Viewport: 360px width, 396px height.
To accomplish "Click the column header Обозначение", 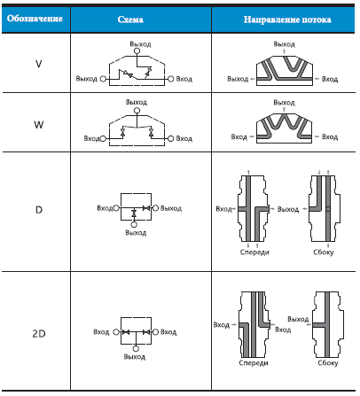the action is pyautogui.click(x=35, y=19).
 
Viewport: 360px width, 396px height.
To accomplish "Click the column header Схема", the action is pyautogui.click(x=130, y=19).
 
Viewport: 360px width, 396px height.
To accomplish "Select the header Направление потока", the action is pyautogui.click(x=287, y=19).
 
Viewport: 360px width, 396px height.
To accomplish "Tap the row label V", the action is pyautogui.click(x=39, y=64).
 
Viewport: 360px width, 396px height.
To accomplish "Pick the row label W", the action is pyautogui.click(x=39, y=125).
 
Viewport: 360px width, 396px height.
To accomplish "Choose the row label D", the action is pyautogui.click(x=39, y=210).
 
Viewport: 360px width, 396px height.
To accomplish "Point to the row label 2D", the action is pyautogui.click(x=39, y=334).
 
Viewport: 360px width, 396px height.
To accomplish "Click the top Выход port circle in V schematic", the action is pyautogui.click(x=137, y=51).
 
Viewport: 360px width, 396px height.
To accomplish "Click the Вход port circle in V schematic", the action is pyautogui.click(x=171, y=79).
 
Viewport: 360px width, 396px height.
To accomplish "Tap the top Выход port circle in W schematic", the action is pyautogui.click(x=137, y=111).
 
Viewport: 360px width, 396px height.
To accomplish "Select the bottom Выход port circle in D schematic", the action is pyautogui.click(x=134, y=225).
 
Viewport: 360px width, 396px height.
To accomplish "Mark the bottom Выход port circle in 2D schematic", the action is pyautogui.click(x=136, y=349).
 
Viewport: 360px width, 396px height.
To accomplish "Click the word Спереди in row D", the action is pyautogui.click(x=254, y=252).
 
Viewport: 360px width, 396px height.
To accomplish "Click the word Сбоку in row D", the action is pyautogui.click(x=324, y=252).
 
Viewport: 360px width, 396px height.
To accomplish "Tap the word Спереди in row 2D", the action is pyautogui.click(x=254, y=363).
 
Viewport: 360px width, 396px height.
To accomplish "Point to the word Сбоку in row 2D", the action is pyautogui.click(x=328, y=363).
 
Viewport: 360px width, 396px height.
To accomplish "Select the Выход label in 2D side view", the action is pyautogui.click(x=298, y=319).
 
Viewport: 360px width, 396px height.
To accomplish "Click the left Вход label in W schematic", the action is pyautogui.click(x=92, y=138).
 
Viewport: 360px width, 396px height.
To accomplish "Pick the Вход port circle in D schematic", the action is pyautogui.click(x=116, y=208).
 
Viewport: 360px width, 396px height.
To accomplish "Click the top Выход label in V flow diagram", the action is pyautogui.click(x=284, y=44).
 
